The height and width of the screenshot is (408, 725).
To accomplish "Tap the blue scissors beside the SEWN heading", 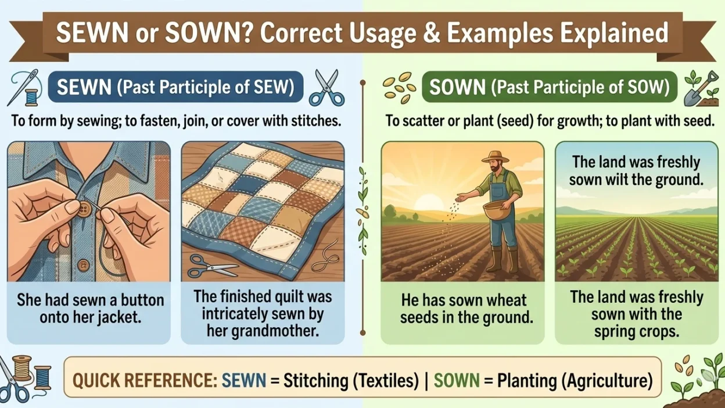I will pos(326,88).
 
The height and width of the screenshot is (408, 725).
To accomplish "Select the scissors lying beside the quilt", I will pos(212,269).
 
